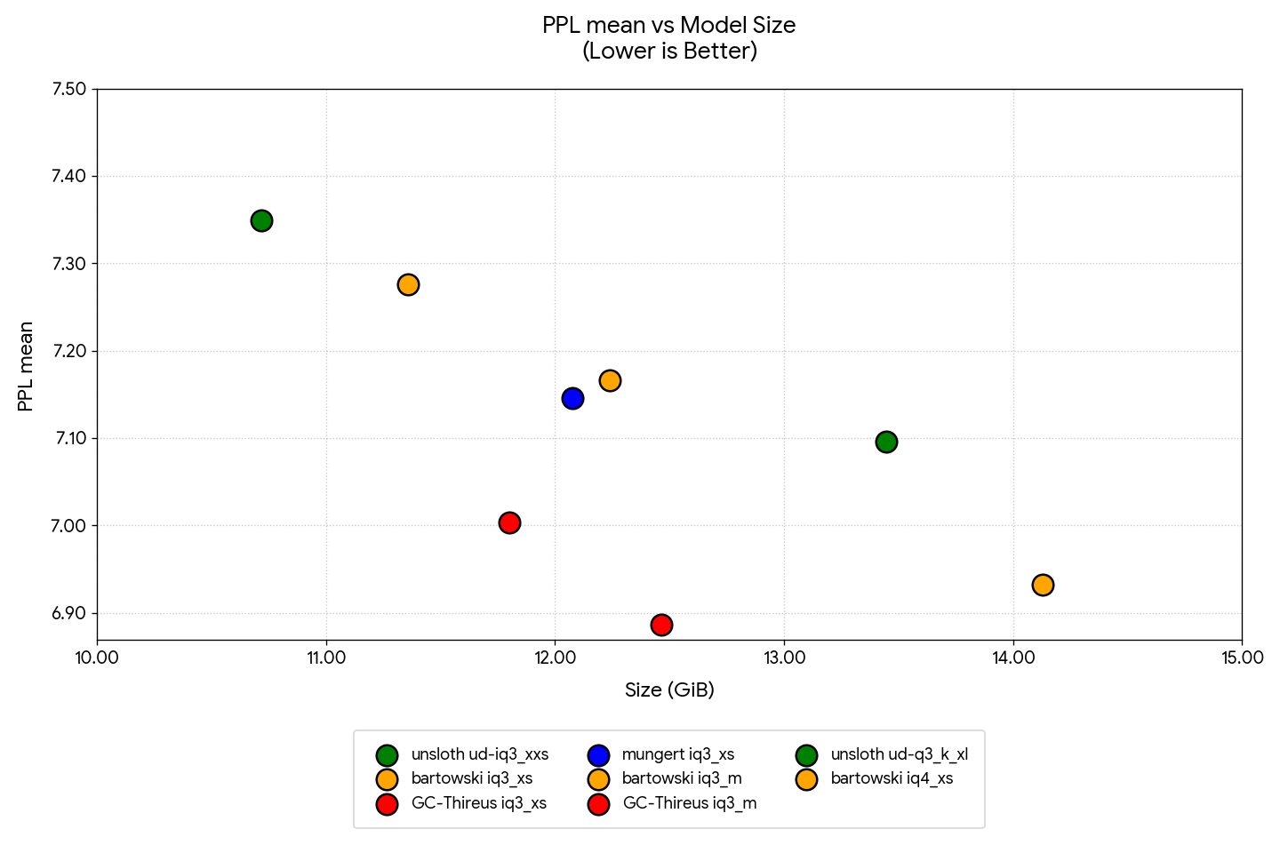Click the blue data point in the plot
pyautogui.click(x=572, y=398)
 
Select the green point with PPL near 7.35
pyautogui.click(x=261, y=220)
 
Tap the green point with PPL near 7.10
pyautogui.click(x=886, y=442)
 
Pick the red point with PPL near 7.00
pyautogui.click(x=509, y=522)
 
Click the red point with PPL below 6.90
pyautogui.click(x=661, y=625)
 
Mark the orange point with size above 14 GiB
pyautogui.click(x=1043, y=585)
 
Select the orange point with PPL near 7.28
pyautogui.click(x=408, y=284)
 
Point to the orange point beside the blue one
pyautogui.click(x=610, y=380)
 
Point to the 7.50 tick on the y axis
pyautogui.click(x=68, y=89)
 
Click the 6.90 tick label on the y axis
pyautogui.click(x=68, y=613)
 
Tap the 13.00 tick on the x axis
pyautogui.click(x=784, y=658)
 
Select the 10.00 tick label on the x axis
pyautogui.click(x=97, y=658)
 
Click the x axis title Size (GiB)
pyautogui.click(x=669, y=690)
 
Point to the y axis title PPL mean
pyautogui.click(x=26, y=366)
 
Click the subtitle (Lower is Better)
pyautogui.click(x=669, y=52)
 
